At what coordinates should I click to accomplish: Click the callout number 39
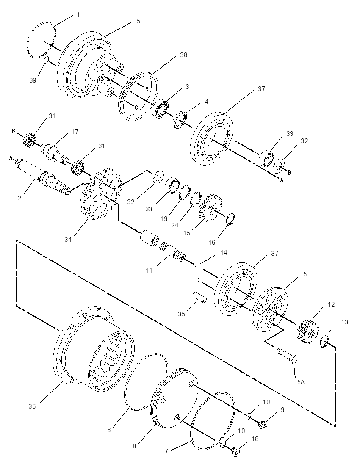[x=33, y=80]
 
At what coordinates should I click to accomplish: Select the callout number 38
[x=183, y=55]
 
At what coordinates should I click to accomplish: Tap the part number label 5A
[x=300, y=382]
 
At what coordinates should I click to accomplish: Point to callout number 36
[x=32, y=406]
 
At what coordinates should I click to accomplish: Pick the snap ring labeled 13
[x=325, y=342]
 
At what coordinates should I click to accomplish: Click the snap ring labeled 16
[x=231, y=219]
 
